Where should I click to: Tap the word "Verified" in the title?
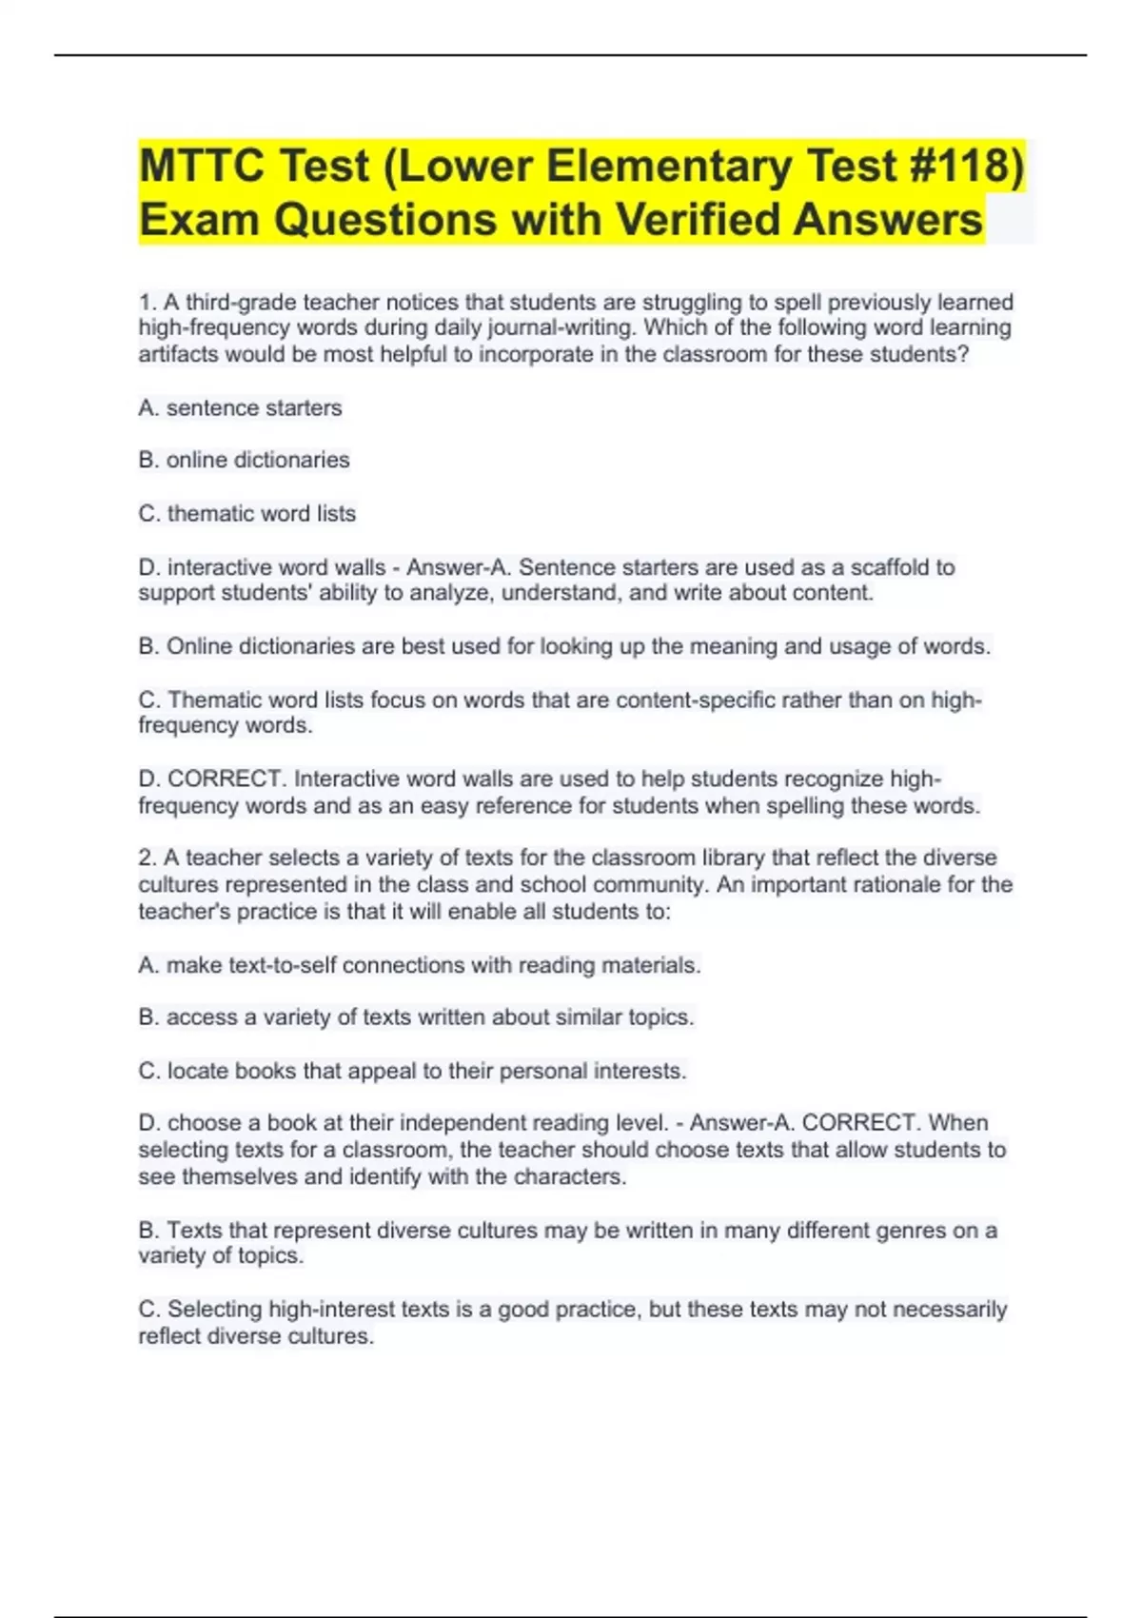(x=698, y=219)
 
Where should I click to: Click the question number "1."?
(x=148, y=303)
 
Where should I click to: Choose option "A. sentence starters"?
(x=240, y=408)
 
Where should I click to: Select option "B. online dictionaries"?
(x=244, y=461)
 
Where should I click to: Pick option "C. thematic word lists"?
(x=246, y=514)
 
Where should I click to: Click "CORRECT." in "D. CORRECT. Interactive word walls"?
(x=226, y=779)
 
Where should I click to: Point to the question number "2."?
(x=148, y=858)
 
